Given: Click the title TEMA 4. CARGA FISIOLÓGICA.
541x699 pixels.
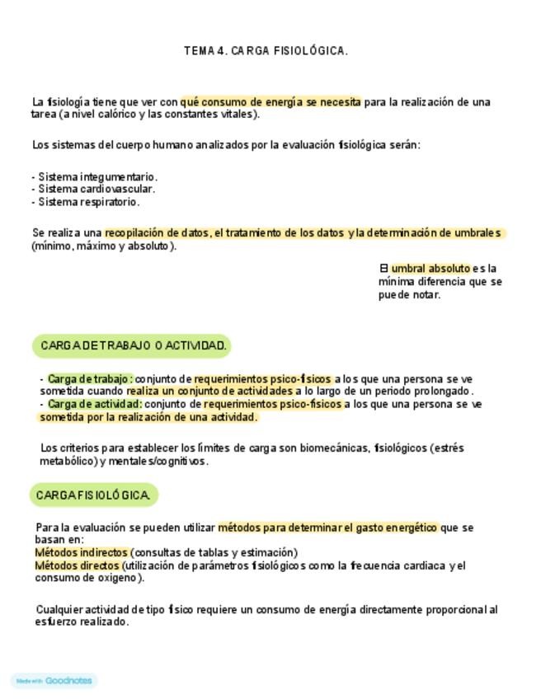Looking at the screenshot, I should pos(266,51).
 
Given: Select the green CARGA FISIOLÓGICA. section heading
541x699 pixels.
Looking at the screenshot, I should pos(93,495).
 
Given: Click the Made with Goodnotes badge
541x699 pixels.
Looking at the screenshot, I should pos(54,681).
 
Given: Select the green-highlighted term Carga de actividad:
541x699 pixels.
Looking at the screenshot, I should pos(95,405).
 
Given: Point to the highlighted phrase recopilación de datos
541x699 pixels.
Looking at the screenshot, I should pos(157,233).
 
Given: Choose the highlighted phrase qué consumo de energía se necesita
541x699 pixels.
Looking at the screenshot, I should pos(270,102).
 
